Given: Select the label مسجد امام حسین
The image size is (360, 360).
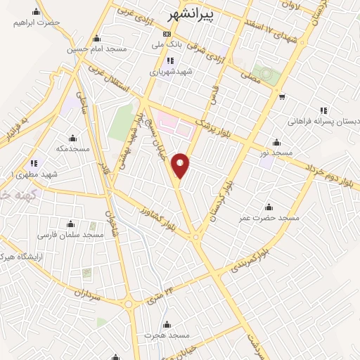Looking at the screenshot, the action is click(96, 49).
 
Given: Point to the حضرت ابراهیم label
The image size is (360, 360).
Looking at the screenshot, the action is click(37, 22).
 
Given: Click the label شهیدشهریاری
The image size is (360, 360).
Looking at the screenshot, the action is click(169, 71).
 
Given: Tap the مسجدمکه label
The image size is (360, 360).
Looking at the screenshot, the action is click(73, 149).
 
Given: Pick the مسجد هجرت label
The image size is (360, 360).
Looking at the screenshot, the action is click(167, 335).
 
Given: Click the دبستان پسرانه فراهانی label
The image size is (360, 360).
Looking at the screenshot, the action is click(323, 122).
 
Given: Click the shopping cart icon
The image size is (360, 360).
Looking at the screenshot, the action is click(281, 97).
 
